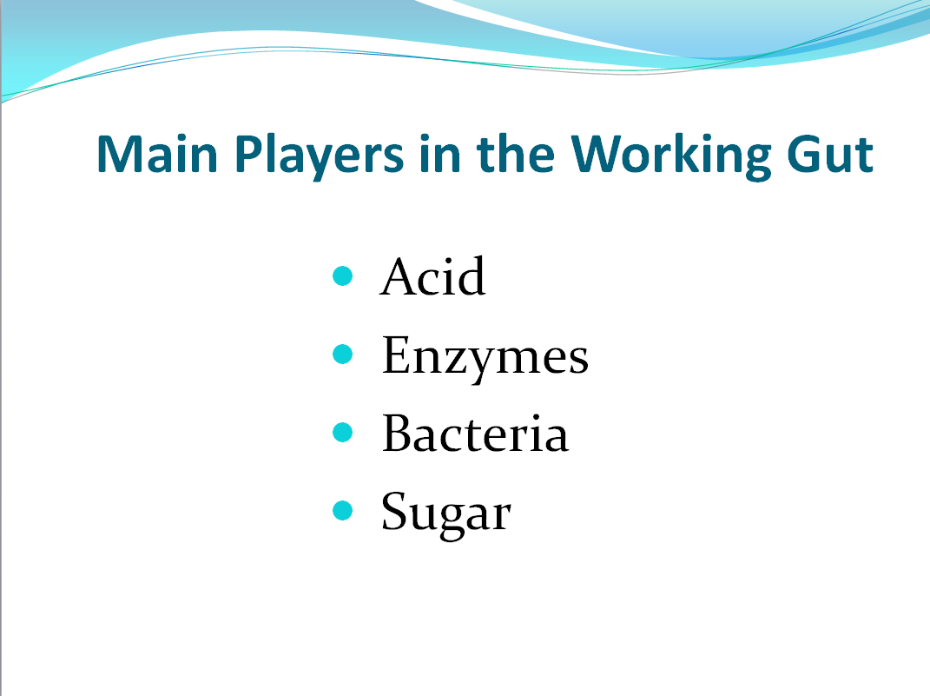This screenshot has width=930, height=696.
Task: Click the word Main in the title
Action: [x=157, y=154]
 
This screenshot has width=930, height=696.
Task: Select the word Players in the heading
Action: [x=320, y=156]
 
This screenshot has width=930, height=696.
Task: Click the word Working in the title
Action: [x=671, y=156]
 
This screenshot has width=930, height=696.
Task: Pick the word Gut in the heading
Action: [x=830, y=155]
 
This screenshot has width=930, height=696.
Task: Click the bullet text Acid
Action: [x=433, y=276]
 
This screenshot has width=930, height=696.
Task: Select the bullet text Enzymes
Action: [x=485, y=357]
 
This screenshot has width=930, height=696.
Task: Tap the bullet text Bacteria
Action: [x=476, y=433]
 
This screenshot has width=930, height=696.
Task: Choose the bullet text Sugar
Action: [x=446, y=514]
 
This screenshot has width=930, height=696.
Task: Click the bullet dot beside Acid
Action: [x=343, y=276]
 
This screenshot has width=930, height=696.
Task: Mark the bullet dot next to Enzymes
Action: [x=343, y=355]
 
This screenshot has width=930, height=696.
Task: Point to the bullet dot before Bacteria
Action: [x=343, y=433]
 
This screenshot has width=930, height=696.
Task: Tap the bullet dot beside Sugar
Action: [x=343, y=510]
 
